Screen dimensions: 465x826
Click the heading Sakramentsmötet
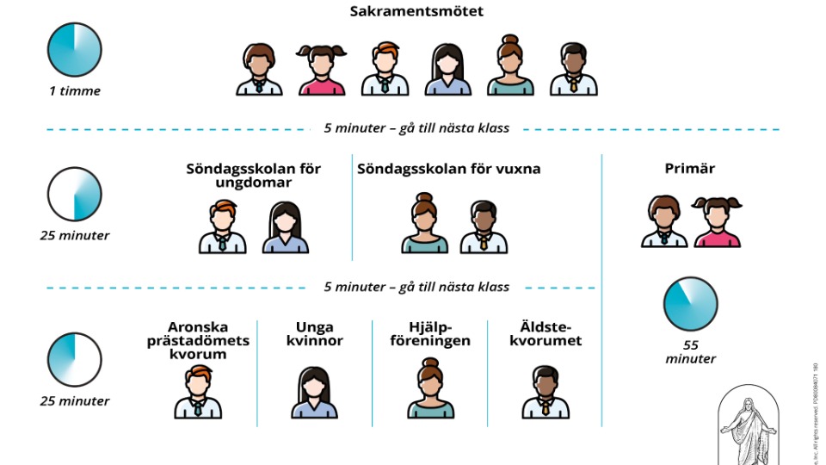coord(416,12)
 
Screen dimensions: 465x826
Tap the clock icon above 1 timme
coord(75,49)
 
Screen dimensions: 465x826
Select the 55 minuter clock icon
coord(690,304)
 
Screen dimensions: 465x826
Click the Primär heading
coord(690,169)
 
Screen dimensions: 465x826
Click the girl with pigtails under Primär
coord(718,222)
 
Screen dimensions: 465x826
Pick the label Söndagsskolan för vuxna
coord(449,169)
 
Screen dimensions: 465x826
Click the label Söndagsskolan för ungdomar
coord(254,176)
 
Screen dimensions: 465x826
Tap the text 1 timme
coord(75,91)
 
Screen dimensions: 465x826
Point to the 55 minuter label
coord(690,350)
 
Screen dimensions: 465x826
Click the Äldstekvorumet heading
coord(545,334)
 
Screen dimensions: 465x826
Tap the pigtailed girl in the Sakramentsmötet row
coord(322,70)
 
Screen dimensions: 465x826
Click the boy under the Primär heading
coord(664,222)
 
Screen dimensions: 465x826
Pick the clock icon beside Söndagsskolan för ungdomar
coord(75,194)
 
